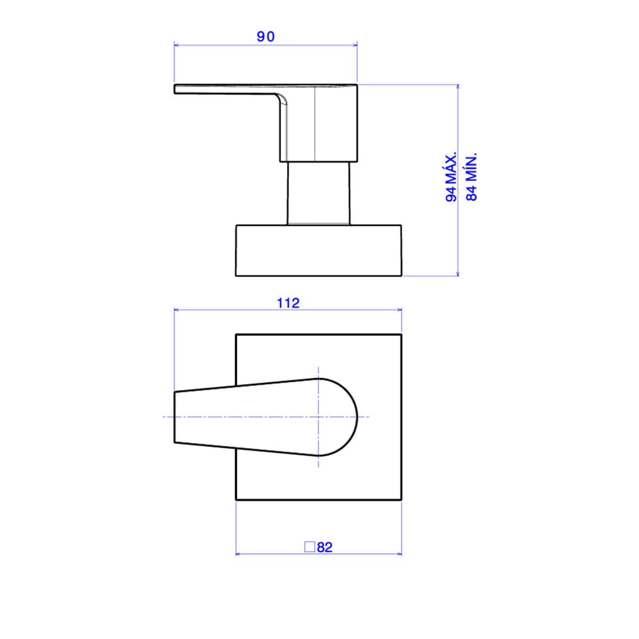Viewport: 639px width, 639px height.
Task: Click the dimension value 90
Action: pos(266,37)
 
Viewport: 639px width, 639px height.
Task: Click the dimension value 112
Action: pos(288,303)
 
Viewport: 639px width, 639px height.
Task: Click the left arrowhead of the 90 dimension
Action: pos(177,45)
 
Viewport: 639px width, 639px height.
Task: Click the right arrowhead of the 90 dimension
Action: pos(355,45)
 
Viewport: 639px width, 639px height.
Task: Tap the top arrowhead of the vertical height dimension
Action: pos(458,87)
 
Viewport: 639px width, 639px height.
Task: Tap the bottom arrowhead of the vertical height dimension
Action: pos(458,273)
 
